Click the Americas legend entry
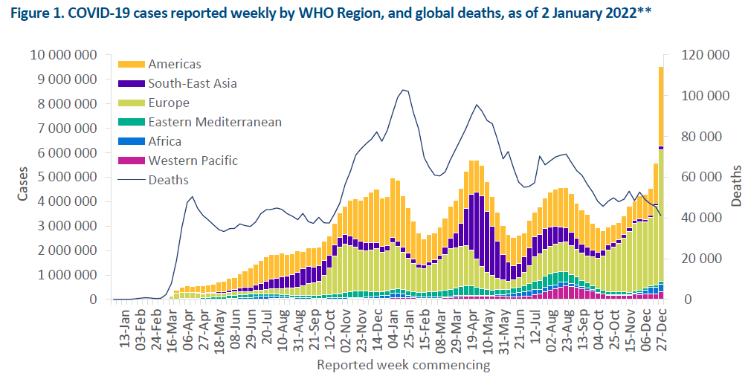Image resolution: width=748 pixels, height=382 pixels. [x=174, y=65]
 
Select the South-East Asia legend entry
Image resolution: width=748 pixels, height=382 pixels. [x=192, y=83]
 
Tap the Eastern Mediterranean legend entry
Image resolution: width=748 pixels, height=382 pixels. [x=214, y=122]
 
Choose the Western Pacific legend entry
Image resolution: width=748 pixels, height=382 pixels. [x=193, y=161]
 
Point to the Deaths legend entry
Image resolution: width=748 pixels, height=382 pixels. [x=169, y=180]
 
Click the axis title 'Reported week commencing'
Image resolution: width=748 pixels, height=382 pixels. [x=404, y=365]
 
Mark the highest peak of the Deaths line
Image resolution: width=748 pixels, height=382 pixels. [x=403, y=90]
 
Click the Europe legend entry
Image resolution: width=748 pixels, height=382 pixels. [x=168, y=103]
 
